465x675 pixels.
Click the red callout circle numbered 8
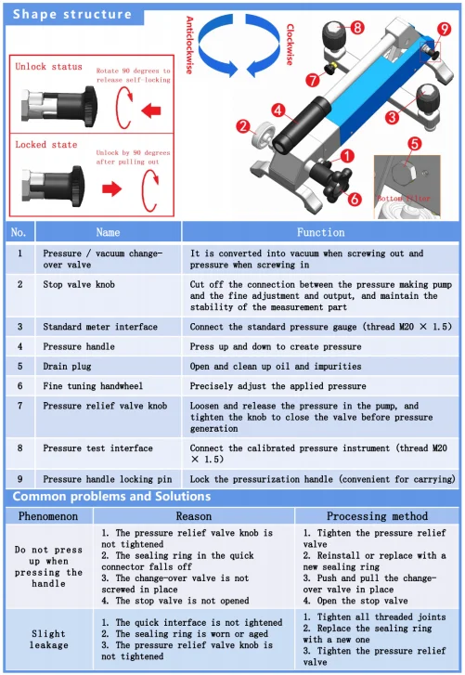[357, 28]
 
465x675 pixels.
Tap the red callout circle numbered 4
[278, 110]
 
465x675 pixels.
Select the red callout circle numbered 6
[354, 199]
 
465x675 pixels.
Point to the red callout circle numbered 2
[243, 126]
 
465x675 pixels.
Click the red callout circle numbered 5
[414, 144]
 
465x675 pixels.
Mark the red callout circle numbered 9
[444, 30]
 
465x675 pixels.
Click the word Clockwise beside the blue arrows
[291, 45]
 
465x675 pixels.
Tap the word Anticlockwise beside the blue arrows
[189, 45]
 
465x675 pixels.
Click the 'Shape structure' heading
[72, 14]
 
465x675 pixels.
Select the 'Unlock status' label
[48, 67]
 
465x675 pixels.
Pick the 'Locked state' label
[46, 145]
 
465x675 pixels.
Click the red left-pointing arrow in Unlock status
[151, 110]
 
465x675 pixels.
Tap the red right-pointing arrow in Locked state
[111, 188]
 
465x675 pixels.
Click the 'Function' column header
[321, 232]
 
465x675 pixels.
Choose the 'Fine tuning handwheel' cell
[93, 386]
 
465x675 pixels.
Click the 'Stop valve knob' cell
[79, 284]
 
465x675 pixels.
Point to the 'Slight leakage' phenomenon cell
[48, 640]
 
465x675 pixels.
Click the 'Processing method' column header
[377, 516]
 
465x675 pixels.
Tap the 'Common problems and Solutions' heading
[111, 497]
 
